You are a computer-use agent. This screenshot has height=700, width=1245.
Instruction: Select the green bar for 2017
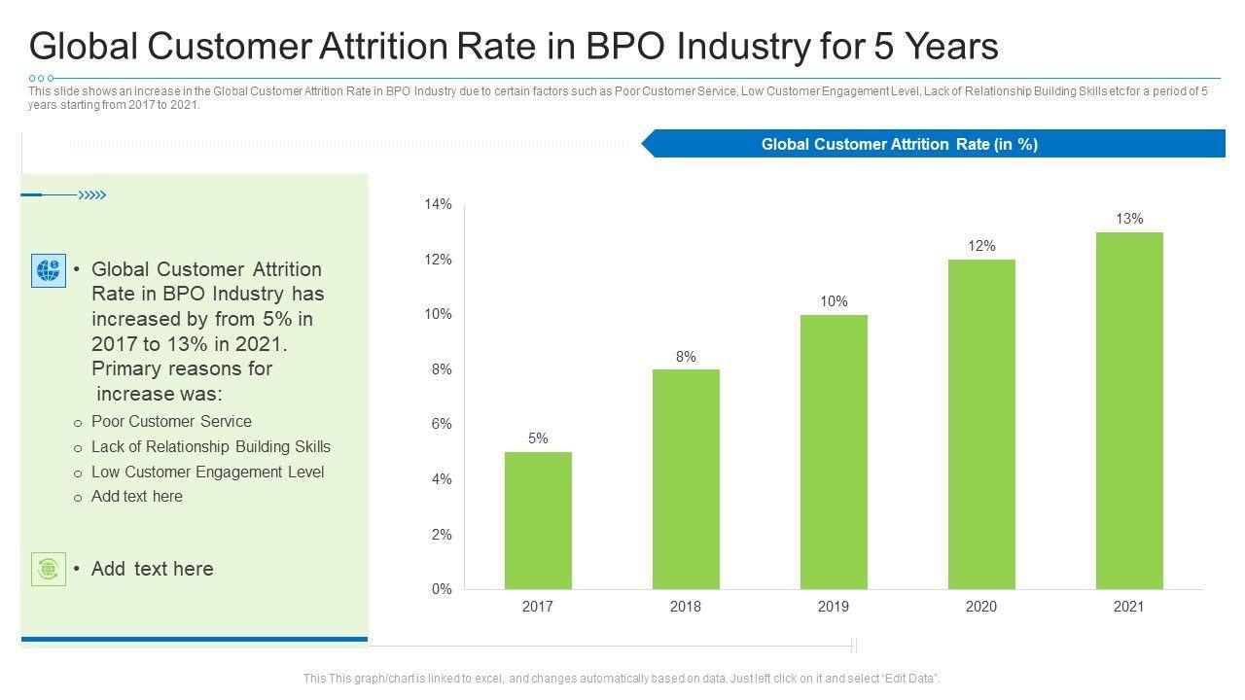click(x=538, y=520)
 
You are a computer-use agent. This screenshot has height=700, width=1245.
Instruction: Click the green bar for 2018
click(x=686, y=479)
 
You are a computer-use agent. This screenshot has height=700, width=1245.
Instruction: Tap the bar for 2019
click(x=834, y=452)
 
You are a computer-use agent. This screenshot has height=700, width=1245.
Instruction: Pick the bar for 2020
click(x=981, y=424)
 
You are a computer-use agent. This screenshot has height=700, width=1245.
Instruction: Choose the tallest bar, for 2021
click(x=1129, y=410)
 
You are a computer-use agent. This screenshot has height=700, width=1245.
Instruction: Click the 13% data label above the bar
click(x=1129, y=219)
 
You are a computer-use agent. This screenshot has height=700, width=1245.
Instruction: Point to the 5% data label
click(x=538, y=438)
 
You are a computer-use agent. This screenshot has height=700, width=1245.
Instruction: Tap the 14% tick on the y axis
click(x=438, y=204)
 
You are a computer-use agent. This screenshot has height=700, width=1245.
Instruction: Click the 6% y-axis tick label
click(x=440, y=424)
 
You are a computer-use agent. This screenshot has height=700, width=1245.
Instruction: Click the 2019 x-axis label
click(x=834, y=607)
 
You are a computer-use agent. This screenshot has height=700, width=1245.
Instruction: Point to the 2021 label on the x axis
click(x=1129, y=607)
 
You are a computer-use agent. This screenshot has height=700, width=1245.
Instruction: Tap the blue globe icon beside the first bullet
click(x=49, y=270)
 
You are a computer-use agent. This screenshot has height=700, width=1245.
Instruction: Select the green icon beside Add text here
click(x=49, y=569)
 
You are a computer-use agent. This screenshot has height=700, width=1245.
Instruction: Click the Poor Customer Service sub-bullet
click(x=171, y=421)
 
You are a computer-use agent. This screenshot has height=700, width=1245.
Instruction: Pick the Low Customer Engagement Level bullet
click(x=207, y=472)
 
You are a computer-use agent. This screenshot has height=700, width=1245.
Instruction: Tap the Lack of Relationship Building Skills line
click(x=210, y=446)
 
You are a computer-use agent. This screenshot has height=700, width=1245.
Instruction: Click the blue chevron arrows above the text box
click(x=91, y=195)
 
